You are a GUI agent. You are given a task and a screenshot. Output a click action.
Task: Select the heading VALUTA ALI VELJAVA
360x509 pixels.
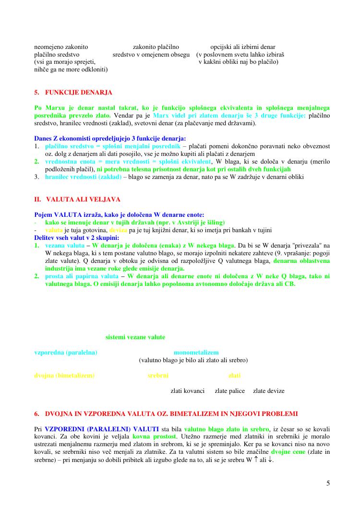84,199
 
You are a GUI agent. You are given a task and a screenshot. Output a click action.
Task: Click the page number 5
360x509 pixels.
328,483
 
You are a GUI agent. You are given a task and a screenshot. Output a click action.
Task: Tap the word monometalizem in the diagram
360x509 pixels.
196,353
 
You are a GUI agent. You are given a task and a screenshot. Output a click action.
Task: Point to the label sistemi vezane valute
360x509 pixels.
135,337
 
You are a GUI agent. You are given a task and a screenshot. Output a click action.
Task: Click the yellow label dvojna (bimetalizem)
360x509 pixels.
64,375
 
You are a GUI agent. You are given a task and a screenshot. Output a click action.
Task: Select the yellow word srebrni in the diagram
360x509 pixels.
157,375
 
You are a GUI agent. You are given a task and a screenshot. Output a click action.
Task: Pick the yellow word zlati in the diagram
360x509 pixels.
235,375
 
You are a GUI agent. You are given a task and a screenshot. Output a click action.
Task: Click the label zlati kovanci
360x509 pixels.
188,391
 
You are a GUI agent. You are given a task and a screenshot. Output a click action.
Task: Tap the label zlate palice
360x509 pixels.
230,391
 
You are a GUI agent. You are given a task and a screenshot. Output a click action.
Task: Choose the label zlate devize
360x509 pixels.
269,391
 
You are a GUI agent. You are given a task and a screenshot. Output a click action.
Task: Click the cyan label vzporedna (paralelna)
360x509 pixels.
66,353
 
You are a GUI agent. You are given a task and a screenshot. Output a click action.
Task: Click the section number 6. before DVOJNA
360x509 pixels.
37,414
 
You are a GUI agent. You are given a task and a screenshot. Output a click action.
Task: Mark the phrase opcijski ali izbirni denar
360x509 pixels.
243,47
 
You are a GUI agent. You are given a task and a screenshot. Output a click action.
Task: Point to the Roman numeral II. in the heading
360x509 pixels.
38,199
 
